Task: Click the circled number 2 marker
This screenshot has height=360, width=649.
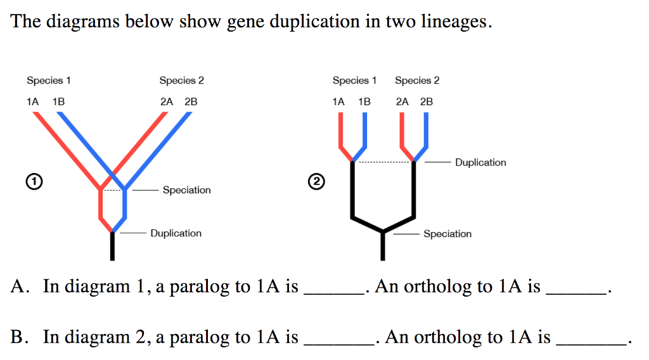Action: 316,182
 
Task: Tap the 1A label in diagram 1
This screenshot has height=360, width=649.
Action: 33,101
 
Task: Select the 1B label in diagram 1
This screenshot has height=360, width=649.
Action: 59,101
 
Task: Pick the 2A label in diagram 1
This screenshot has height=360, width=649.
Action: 167,101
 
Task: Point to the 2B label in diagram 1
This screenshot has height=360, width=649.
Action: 191,101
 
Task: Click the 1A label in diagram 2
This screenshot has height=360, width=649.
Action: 338,101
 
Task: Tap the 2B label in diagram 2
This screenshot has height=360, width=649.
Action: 427,101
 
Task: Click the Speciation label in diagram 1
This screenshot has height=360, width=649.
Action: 186,190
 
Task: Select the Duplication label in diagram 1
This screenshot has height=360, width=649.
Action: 176,233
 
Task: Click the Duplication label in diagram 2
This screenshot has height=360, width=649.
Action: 480,162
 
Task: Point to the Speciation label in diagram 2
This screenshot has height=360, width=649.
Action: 447,234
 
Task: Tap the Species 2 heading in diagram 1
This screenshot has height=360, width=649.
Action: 182,80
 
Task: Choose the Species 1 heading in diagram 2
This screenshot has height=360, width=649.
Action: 354,80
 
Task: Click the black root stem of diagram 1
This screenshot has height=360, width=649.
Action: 112,247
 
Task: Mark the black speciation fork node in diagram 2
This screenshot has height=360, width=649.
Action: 383,232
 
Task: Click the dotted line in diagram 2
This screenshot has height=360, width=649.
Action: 383,162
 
